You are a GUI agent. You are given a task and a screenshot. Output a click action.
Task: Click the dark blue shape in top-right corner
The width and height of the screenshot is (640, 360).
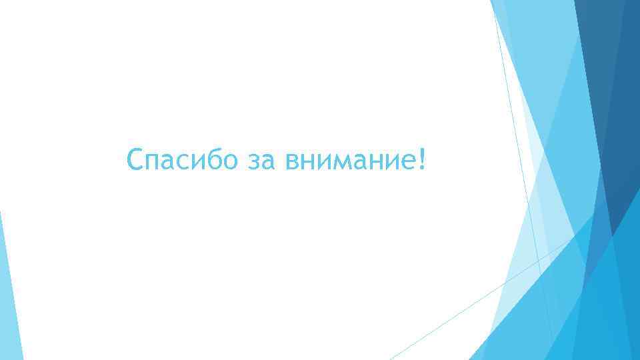610,80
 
